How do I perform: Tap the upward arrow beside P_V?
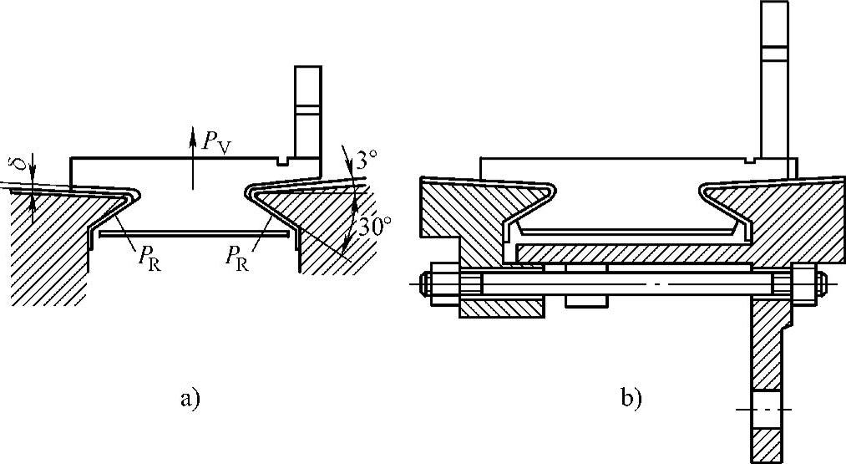point(192,159)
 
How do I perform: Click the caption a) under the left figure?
point(190,398)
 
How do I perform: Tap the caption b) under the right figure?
point(630,398)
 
